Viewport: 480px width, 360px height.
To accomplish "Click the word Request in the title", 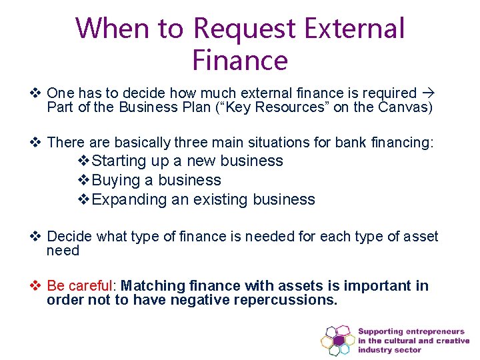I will [x=244, y=29].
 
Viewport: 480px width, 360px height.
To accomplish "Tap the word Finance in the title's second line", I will [x=240, y=60].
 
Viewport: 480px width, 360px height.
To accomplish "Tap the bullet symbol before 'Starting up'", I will [x=85, y=161].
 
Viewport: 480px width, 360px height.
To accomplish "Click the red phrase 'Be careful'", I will [x=79, y=286].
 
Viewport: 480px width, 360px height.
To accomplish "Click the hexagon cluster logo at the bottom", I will [x=338, y=340].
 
